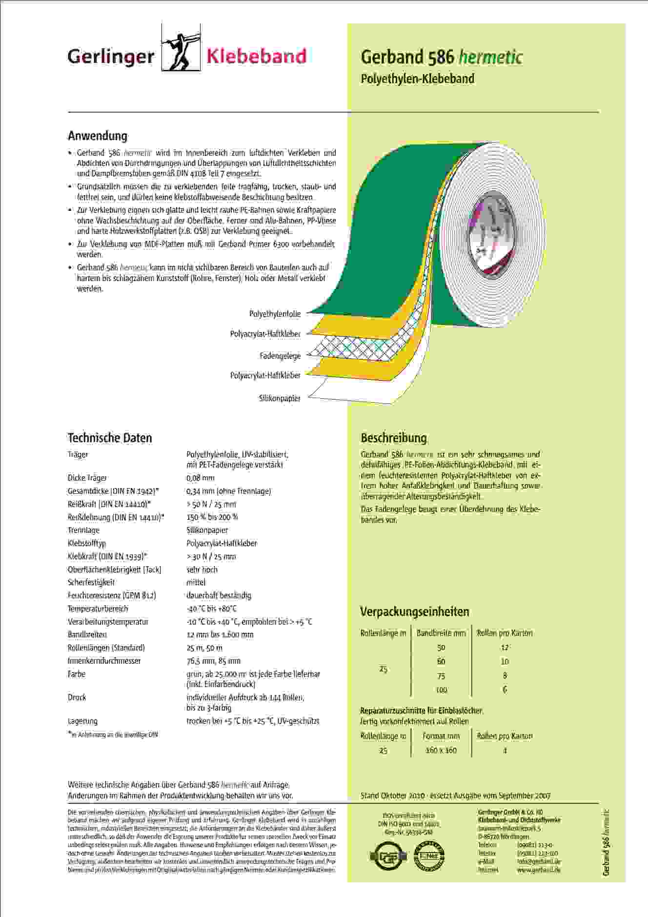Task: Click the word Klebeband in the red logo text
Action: [x=257, y=57]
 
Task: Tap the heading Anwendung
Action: [x=98, y=136]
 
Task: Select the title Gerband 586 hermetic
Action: [x=442, y=58]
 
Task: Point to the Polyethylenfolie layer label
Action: [x=275, y=314]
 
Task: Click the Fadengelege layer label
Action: [x=280, y=356]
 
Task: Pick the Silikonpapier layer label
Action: [x=280, y=398]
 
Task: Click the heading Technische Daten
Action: [x=110, y=438]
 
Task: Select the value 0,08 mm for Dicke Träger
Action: [x=201, y=478]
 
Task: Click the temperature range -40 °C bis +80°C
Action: [x=212, y=609]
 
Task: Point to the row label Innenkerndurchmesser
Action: [x=104, y=661]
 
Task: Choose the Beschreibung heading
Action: [x=394, y=438]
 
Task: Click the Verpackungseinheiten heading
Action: [x=415, y=611]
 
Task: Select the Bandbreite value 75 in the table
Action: [x=441, y=676]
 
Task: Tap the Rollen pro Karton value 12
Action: [x=505, y=648]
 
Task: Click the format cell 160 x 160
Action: [x=441, y=750]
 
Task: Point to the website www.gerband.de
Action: [x=539, y=870]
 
